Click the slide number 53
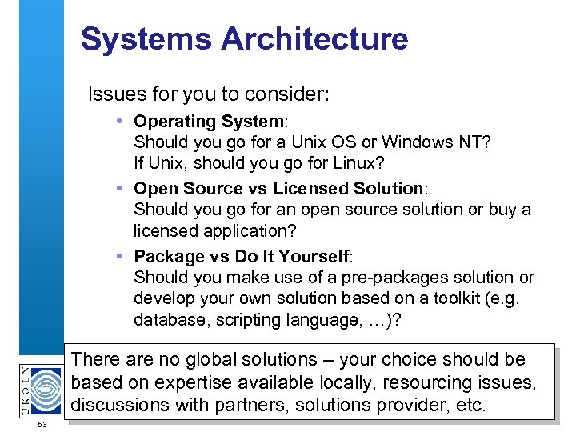[43, 424]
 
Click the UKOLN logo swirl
[44, 387]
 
